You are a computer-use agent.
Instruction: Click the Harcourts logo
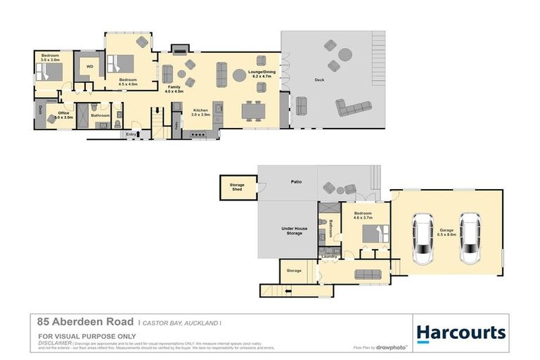point(461,333)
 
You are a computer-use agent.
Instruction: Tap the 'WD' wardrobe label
point(89,67)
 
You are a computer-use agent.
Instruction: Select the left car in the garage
point(423,238)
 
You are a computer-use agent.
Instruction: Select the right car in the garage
point(470,238)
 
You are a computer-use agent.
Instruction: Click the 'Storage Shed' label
point(237,187)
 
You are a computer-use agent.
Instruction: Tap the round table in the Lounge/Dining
point(239,75)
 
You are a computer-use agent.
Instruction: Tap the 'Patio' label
point(296,182)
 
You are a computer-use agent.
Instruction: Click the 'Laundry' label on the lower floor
point(329,257)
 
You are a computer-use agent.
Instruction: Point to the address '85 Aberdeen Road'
point(85,321)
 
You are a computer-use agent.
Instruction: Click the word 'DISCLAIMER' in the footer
point(55,342)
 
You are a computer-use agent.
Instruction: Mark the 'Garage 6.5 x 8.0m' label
point(446,232)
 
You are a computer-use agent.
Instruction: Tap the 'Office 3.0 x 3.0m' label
point(64,115)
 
